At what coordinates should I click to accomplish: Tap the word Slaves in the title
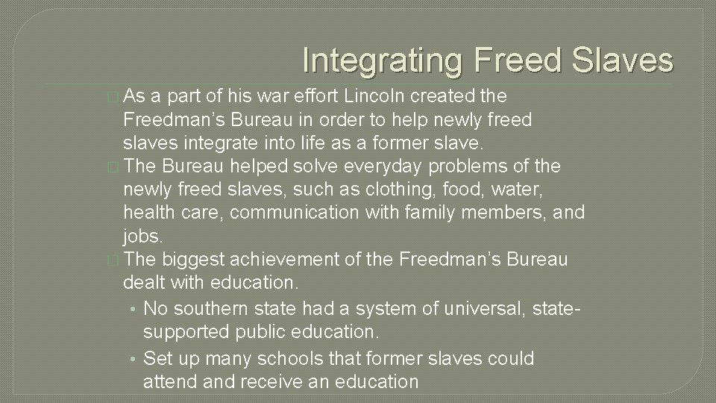[624, 60]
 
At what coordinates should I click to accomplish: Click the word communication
[295, 213]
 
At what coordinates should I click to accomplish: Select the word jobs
[142, 236]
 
